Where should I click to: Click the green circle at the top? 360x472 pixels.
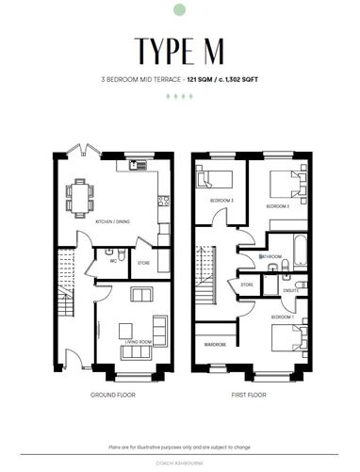[x=180, y=10]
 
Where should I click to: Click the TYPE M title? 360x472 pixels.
[x=180, y=49]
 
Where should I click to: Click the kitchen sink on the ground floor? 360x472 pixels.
[x=132, y=166]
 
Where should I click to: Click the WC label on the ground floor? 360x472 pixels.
[x=112, y=263]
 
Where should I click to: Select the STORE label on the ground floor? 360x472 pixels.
[x=143, y=263]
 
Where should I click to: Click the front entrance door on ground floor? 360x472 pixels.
[x=69, y=359]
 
